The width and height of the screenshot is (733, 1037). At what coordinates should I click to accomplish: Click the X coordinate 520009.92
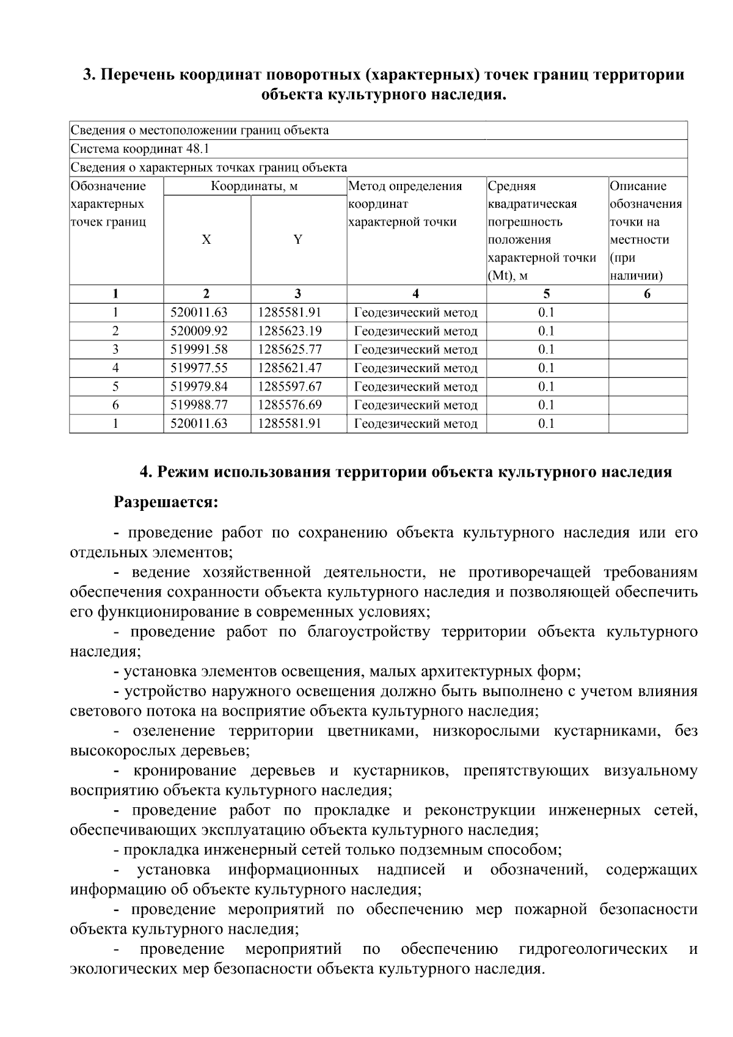(199, 331)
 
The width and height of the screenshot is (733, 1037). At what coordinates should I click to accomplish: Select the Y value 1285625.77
(290, 350)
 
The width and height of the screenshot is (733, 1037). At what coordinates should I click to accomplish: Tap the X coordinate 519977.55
(199, 368)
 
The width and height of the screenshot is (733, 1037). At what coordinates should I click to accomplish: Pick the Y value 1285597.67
(290, 386)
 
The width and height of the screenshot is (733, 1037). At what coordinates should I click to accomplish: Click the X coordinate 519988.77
(199, 405)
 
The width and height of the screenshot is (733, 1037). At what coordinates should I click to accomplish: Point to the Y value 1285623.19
(290, 331)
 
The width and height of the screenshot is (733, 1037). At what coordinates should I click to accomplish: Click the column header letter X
(206, 240)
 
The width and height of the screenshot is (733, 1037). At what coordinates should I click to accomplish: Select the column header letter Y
(297, 240)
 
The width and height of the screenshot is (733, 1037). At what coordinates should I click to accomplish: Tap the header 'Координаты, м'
(254, 186)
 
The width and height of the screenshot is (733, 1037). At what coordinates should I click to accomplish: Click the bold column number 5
(546, 294)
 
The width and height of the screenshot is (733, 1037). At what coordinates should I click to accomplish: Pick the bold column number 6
(647, 294)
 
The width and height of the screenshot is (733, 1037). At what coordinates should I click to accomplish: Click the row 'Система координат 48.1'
(140, 148)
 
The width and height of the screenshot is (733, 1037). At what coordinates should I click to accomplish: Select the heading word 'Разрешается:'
(166, 503)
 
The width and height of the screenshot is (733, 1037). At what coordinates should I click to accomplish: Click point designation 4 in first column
(115, 368)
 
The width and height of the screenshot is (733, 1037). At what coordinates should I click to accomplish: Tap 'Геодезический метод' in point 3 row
(416, 350)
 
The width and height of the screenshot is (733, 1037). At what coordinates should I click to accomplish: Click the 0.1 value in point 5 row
(546, 386)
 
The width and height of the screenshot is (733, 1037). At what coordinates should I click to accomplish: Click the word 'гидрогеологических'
(593, 950)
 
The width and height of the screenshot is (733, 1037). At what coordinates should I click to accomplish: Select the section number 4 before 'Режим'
(145, 472)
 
